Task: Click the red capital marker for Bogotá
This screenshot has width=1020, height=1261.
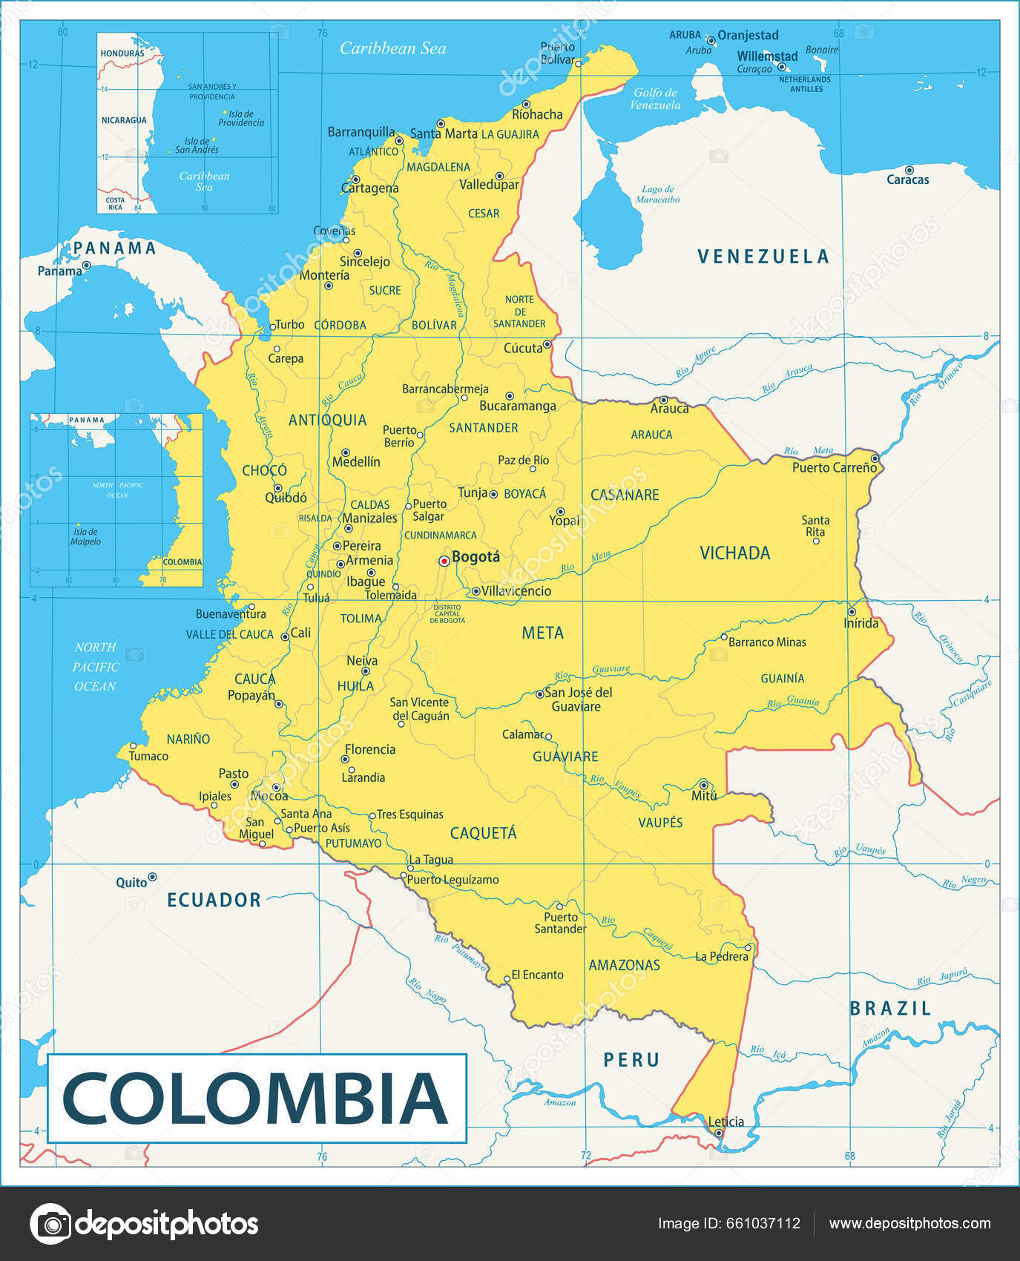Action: (x=444, y=561)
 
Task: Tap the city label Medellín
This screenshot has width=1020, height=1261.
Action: (x=356, y=462)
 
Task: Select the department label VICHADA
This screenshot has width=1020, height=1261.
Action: (x=734, y=553)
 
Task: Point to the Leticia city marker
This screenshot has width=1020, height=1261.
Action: (x=718, y=1133)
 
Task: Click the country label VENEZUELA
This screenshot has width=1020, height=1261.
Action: (x=763, y=257)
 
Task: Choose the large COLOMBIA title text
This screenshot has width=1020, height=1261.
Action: (x=256, y=1099)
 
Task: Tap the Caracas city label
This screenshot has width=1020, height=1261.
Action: (x=907, y=180)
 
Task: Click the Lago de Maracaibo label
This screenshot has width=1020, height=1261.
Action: (x=657, y=194)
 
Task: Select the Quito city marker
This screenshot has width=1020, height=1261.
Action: (x=152, y=877)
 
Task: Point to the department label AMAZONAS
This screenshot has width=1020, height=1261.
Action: (x=624, y=965)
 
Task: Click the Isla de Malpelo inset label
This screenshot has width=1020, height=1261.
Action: (x=85, y=536)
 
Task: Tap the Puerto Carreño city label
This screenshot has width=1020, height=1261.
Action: (x=834, y=467)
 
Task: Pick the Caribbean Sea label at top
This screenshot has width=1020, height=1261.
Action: (x=392, y=49)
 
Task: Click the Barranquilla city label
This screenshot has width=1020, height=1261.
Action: (x=361, y=132)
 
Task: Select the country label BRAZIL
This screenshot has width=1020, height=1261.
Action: (x=890, y=1009)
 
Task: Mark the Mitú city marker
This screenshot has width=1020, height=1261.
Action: (x=703, y=784)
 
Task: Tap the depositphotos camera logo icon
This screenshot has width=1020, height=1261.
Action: (x=51, y=1224)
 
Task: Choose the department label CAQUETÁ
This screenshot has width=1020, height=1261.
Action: (x=483, y=833)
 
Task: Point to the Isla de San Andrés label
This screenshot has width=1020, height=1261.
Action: (x=197, y=145)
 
